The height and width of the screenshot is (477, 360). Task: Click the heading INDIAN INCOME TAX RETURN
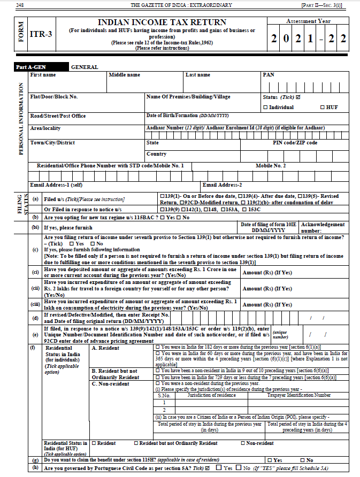pyautogui.click(x=162, y=22)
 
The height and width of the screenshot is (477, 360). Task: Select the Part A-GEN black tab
pyautogui.click(x=32, y=67)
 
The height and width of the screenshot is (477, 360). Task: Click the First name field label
pyautogui.click(x=43, y=75)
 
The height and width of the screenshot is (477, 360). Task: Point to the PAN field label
pyautogui.click(x=268, y=75)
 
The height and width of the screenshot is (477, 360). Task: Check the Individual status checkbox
pyautogui.click(x=266, y=107)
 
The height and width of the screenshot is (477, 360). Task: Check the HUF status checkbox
pyautogui.click(x=323, y=107)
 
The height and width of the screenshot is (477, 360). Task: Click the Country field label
pyautogui.click(x=156, y=154)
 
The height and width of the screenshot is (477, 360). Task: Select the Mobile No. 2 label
pyautogui.click(x=271, y=166)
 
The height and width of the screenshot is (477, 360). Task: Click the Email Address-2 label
pyautogui.click(x=222, y=185)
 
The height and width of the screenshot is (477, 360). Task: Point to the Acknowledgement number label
pyautogui.click(x=323, y=228)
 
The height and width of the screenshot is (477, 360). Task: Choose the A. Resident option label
pyautogui.click(x=107, y=348)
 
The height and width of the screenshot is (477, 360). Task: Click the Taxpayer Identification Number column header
pyautogui.click(x=299, y=395)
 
